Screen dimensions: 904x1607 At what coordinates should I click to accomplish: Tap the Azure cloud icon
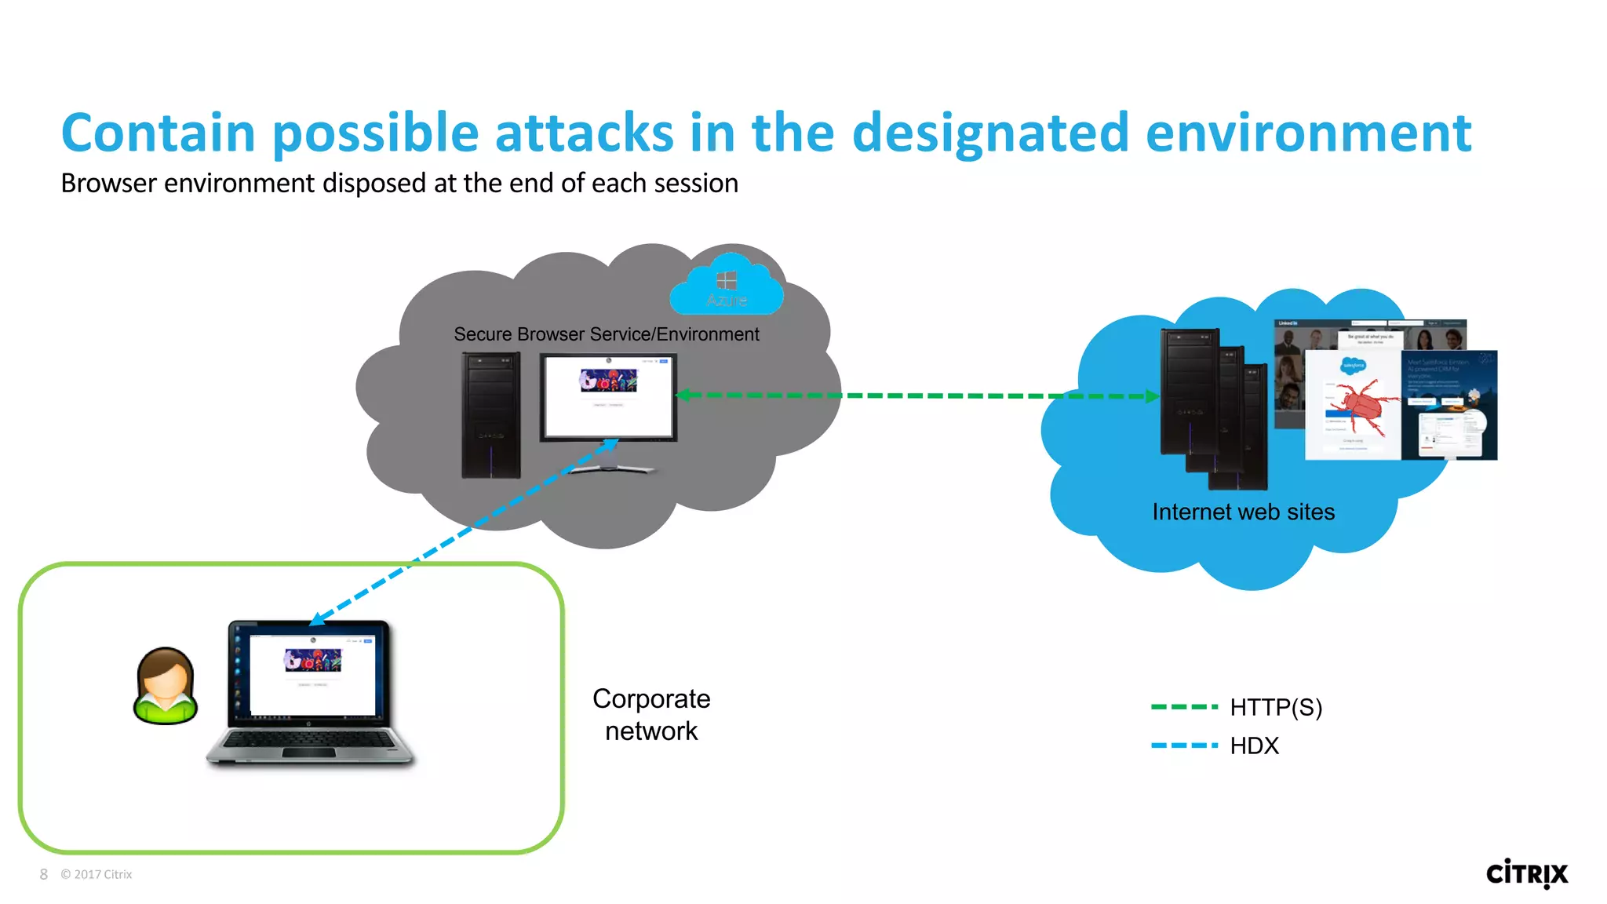click(727, 286)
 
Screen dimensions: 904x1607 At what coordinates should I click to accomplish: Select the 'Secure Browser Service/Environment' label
click(606, 334)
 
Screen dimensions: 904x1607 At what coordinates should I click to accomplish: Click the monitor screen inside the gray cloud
click(608, 396)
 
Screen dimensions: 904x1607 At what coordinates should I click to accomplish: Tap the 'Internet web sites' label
click(1243, 512)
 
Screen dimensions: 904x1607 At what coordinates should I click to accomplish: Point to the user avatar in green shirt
click(165, 685)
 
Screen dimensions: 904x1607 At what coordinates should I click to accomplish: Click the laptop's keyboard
click(310, 741)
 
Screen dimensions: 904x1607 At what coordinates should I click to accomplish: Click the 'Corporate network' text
click(651, 715)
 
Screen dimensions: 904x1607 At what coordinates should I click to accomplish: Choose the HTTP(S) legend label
click(1276, 708)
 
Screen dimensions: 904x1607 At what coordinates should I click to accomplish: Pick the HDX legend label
click(1254, 745)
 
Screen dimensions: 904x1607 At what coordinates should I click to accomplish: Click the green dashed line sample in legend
click(1183, 707)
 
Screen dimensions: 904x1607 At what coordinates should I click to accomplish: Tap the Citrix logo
click(1526, 873)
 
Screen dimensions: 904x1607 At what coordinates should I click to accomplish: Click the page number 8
click(44, 874)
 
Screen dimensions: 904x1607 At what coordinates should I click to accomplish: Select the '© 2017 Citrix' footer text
click(97, 874)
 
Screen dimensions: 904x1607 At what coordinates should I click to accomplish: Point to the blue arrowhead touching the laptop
click(316, 620)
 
